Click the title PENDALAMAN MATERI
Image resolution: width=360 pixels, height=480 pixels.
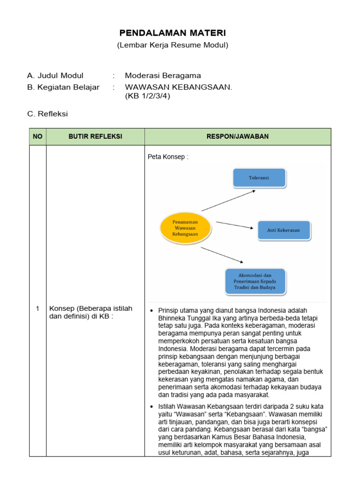pos(172,33)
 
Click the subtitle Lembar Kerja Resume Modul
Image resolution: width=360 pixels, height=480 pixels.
pos(172,45)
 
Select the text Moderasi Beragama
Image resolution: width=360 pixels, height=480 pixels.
pos(163,75)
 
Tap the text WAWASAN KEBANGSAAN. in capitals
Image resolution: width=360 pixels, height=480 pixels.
pos(179,87)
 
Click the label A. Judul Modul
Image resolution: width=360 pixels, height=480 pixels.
pos(55,75)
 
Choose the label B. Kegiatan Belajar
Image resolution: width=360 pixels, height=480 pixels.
pos(63,87)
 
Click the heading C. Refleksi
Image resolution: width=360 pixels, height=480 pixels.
pos(48,114)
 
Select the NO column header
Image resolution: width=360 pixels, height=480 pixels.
pos(37,136)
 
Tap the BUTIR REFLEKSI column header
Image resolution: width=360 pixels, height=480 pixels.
pos(95,136)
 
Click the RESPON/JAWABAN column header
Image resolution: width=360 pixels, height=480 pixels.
pos(237,136)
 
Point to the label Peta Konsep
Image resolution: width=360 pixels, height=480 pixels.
pos(168,157)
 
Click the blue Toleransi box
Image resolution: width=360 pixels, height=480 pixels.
pos(259,178)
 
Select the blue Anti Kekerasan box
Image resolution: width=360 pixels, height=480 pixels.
pos(283,231)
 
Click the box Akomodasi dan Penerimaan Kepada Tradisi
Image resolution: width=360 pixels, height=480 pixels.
pos(255,281)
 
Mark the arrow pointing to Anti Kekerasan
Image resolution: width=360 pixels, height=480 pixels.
pos(234,225)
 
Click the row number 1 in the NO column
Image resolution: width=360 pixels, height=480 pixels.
pos(37,308)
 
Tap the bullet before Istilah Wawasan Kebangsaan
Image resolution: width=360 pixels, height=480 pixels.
pos(151,406)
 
